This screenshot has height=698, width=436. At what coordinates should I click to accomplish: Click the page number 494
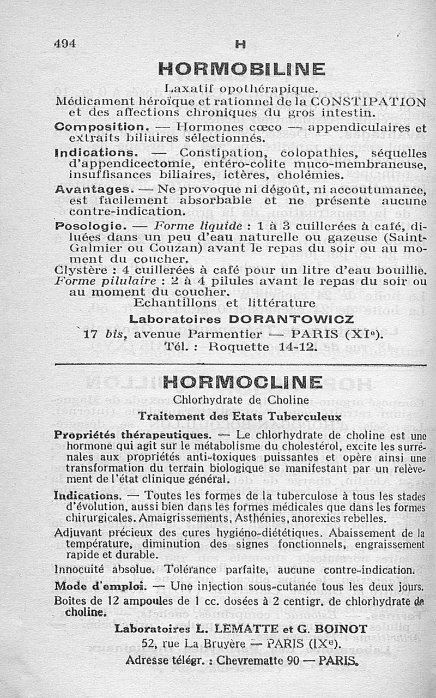(x=65, y=44)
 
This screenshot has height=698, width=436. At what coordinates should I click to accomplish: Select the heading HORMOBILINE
(x=241, y=69)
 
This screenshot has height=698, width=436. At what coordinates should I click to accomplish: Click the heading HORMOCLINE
(x=243, y=381)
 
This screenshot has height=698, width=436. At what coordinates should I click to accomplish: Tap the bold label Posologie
(x=91, y=226)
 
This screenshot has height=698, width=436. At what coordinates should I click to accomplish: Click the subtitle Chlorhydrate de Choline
(x=241, y=400)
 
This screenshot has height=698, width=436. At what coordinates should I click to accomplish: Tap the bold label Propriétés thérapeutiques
(x=132, y=435)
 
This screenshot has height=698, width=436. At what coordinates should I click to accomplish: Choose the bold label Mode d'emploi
(x=100, y=587)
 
